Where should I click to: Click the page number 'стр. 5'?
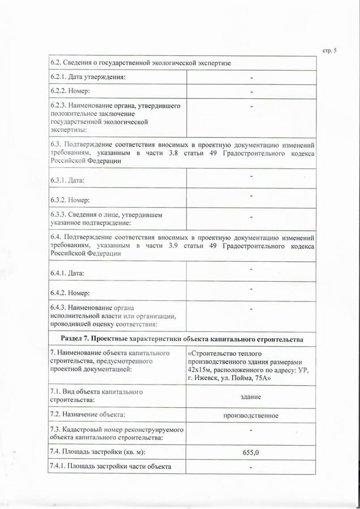[329, 51]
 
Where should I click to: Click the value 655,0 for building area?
[251, 452]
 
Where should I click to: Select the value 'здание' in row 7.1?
[251, 397]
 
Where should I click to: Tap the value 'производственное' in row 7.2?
[251, 415]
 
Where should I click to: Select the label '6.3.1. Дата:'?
[67, 180]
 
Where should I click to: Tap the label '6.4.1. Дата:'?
[67, 273]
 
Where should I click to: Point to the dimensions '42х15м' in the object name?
[201, 370]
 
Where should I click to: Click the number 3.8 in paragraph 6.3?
[170, 153]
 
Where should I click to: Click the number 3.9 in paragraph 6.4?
[170, 245]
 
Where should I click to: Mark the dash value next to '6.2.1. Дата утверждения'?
[251, 77]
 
